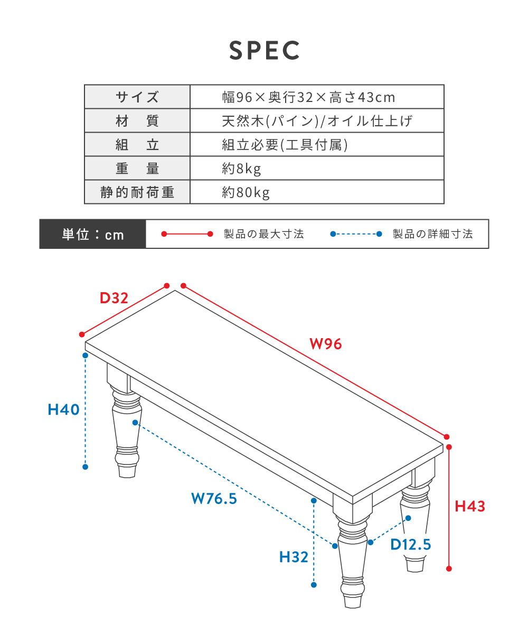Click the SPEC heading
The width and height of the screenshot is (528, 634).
pyautogui.click(x=265, y=50)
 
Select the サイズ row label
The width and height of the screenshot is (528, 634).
pyautogui.click(x=137, y=97)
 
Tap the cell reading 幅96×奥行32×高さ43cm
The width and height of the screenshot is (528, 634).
pyautogui.click(x=308, y=97)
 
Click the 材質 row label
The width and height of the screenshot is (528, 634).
pyautogui.click(x=137, y=121)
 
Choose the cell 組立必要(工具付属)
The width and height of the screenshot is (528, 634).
pyautogui.click(x=285, y=145)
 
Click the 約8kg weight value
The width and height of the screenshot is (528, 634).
pyautogui.click(x=241, y=169)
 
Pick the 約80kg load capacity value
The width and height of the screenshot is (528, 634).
pyautogui.click(x=246, y=192)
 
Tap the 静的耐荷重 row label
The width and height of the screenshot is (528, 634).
pyautogui.click(x=137, y=192)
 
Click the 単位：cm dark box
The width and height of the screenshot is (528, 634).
pyautogui.click(x=92, y=234)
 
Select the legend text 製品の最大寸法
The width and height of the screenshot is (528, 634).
pyautogui.click(x=263, y=234)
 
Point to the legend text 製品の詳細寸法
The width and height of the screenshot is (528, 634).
pyautogui.click(x=433, y=234)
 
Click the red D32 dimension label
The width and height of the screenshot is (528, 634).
pyautogui.click(x=114, y=298)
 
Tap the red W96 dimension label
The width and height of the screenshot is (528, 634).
pyautogui.click(x=326, y=344)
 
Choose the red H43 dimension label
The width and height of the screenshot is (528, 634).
pyautogui.click(x=470, y=507)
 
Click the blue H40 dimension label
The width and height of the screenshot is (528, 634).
pyautogui.click(x=63, y=409)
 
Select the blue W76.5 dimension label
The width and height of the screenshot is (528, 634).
pyautogui.click(x=214, y=499)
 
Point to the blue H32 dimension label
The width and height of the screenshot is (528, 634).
pyautogui.click(x=294, y=557)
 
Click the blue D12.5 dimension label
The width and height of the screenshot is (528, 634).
pyautogui.click(x=411, y=544)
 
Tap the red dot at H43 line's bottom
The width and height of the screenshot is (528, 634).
pyautogui.click(x=449, y=568)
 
